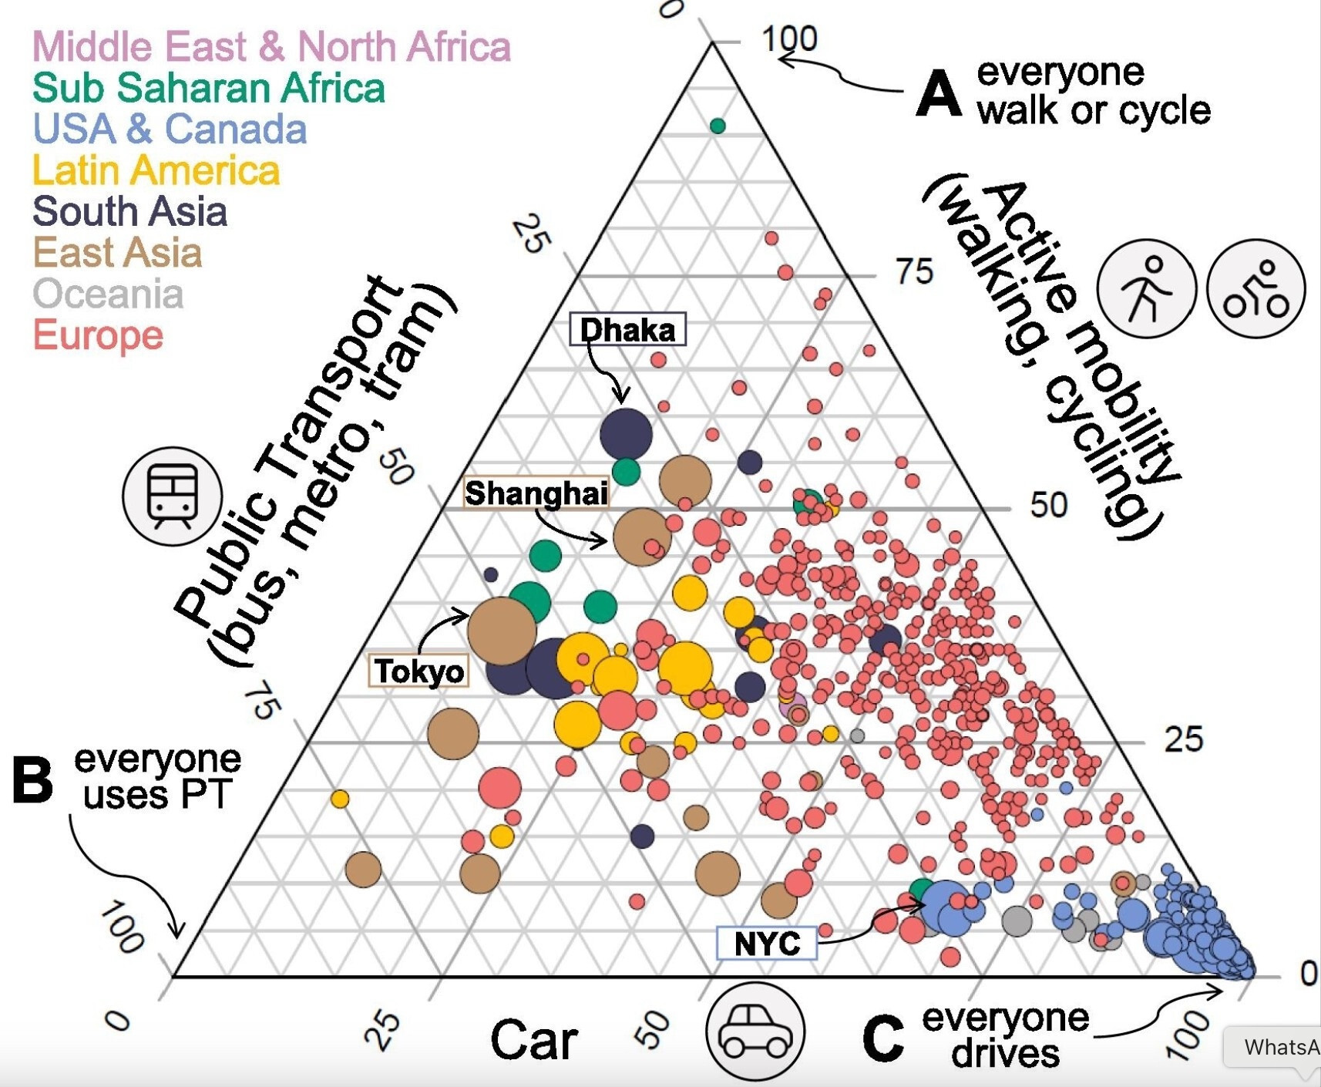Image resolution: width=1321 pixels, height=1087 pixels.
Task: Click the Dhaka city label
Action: coord(627,330)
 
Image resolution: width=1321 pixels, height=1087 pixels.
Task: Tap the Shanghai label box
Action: coord(536,493)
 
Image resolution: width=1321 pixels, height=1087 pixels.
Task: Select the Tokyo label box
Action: coord(420,671)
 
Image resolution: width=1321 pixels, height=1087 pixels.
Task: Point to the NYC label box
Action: coord(767,943)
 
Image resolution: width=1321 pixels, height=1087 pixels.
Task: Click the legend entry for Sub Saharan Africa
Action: coord(208,88)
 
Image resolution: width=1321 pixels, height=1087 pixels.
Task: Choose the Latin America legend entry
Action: coord(156,170)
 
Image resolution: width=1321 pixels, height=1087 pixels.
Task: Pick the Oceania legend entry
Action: coord(108,294)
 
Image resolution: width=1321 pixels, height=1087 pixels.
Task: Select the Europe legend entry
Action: coord(98,335)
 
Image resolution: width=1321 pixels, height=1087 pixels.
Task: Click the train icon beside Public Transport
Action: coord(172,496)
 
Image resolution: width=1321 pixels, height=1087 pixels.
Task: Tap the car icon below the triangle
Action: coord(755,1031)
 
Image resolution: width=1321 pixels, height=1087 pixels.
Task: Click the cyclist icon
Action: coord(1255,288)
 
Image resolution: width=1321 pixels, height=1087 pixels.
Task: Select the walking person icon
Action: coord(1147,288)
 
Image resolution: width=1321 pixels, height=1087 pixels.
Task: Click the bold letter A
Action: coord(939,93)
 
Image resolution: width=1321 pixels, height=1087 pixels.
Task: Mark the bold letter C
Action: coord(883,1037)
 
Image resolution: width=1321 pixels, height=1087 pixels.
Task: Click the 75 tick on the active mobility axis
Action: coord(914,271)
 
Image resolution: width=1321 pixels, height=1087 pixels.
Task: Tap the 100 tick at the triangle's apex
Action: coord(789,39)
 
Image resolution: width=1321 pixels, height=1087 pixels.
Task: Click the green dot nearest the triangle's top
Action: coord(718,126)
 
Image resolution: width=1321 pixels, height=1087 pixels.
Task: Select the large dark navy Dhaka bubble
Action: coord(626,433)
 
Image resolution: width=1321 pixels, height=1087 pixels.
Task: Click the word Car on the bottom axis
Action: coord(533,1039)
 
